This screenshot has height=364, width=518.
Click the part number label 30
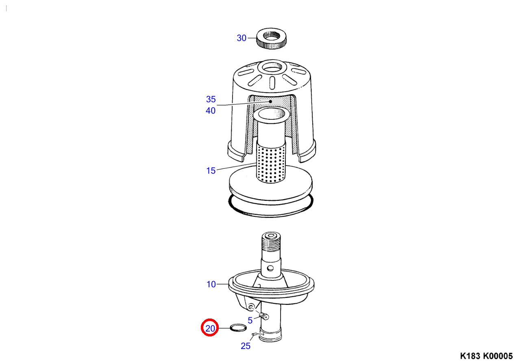click(242, 38)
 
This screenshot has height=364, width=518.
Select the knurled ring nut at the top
click(271, 38)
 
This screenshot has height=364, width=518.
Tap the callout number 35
click(211, 99)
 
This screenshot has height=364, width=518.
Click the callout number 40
click(211, 110)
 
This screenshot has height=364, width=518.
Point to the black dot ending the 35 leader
click(270, 101)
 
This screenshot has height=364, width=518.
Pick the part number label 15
click(211, 171)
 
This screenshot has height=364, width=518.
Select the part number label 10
click(211, 284)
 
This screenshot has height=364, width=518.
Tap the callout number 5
click(250, 320)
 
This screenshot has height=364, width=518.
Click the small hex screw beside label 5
click(264, 316)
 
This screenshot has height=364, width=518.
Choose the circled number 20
click(210, 328)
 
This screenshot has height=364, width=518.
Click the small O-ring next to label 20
click(238, 327)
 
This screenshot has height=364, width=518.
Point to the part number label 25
click(245, 346)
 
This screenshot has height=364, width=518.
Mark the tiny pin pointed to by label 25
click(255, 334)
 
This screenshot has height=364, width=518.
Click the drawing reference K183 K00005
click(486, 356)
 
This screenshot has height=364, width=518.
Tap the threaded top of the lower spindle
click(271, 242)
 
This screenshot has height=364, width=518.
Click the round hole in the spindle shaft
click(270, 268)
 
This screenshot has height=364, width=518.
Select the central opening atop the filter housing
click(272, 67)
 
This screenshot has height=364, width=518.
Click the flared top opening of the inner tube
click(271, 114)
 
